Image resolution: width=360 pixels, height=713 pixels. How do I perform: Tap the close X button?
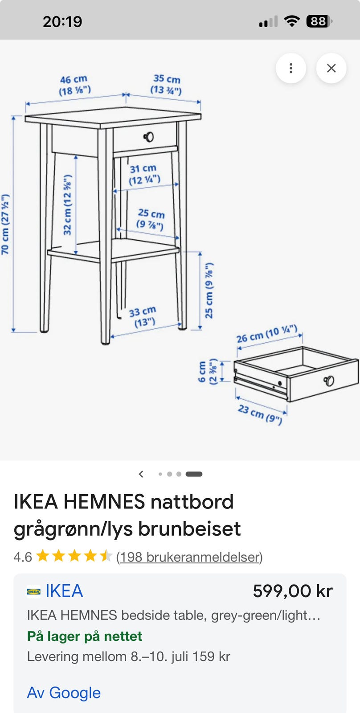pyautogui.click(x=331, y=68)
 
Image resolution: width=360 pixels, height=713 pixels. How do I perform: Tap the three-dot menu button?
pyautogui.click(x=290, y=68)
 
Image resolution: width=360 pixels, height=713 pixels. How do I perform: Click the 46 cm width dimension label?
pyautogui.click(x=74, y=85)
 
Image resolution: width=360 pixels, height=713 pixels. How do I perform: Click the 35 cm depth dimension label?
pyautogui.click(x=166, y=84)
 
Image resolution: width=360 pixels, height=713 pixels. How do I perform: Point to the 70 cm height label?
pyautogui.click(x=5, y=225)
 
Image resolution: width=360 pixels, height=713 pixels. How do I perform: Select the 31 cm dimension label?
pyautogui.click(x=144, y=174)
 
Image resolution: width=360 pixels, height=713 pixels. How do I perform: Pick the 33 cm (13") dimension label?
pyautogui.click(x=143, y=317)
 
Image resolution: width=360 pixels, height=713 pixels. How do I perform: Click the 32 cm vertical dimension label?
pyautogui.click(x=67, y=205)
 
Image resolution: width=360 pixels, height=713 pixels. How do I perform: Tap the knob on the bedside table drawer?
pyautogui.click(x=149, y=137)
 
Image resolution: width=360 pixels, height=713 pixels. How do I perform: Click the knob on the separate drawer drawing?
pyautogui.click(x=329, y=381)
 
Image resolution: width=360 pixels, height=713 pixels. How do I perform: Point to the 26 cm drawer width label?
pyautogui.click(x=267, y=334)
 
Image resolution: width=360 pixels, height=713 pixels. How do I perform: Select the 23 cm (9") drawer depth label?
pyautogui.click(x=260, y=414)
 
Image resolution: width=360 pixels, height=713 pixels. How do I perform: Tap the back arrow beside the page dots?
pyautogui.click(x=141, y=474)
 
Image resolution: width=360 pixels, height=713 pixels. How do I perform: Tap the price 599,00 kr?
pyautogui.click(x=293, y=591)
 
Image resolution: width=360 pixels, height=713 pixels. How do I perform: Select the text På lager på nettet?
pyautogui.click(x=84, y=636)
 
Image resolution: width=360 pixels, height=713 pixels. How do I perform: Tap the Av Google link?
pyautogui.click(x=64, y=693)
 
